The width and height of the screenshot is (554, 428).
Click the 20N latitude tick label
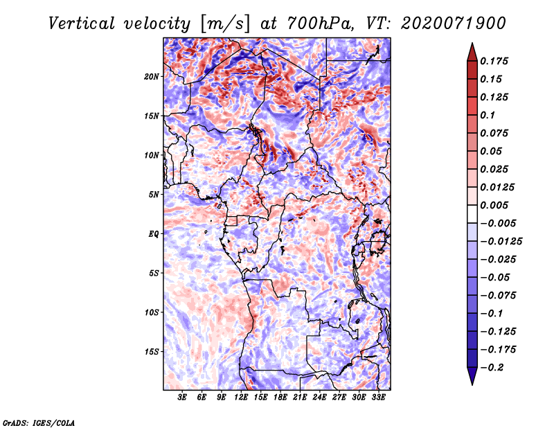click(x=151, y=77)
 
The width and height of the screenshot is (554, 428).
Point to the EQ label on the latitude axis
click(x=153, y=234)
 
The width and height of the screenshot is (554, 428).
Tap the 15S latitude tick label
click(x=151, y=352)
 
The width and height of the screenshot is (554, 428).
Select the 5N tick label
click(x=154, y=195)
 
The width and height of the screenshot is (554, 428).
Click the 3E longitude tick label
click(x=182, y=397)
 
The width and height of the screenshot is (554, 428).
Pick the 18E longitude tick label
click(x=280, y=397)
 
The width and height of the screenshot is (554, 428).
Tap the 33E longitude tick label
click(x=378, y=397)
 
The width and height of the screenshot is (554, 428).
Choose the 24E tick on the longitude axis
click(x=319, y=397)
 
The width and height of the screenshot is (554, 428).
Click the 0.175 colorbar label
click(x=494, y=61)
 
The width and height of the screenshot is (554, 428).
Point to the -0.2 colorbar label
click(x=492, y=368)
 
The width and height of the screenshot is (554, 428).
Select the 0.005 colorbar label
click(x=494, y=205)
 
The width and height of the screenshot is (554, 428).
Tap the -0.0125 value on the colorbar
click(x=501, y=242)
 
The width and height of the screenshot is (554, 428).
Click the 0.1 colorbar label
click(x=488, y=115)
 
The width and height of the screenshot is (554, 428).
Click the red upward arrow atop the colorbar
click(x=472, y=53)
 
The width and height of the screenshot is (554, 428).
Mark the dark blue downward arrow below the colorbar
click(x=472, y=376)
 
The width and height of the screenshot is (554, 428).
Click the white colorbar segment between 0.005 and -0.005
click(x=472, y=214)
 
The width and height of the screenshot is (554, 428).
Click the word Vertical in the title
click(x=82, y=24)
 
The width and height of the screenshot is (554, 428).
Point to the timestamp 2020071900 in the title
click(x=454, y=24)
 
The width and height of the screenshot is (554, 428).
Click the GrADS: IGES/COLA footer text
click(x=39, y=422)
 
